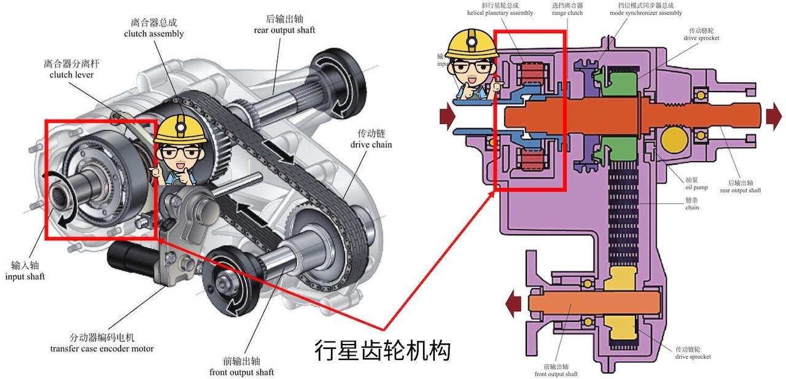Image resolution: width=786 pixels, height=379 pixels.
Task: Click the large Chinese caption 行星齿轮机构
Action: click(x=383, y=350)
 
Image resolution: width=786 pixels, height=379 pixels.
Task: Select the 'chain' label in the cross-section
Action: click(x=692, y=204)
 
